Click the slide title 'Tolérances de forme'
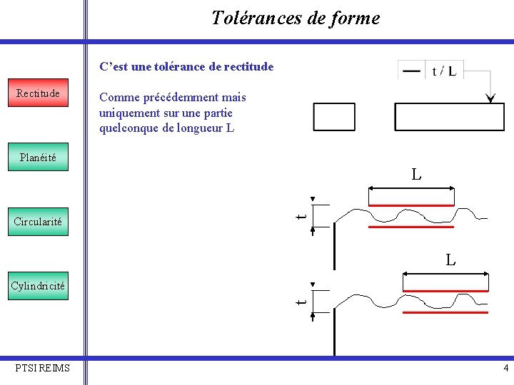click(295, 18)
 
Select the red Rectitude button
click(38, 93)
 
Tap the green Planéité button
click(38, 158)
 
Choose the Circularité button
click(38, 222)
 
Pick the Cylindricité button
click(38, 286)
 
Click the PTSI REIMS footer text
click(43, 368)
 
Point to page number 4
click(505, 369)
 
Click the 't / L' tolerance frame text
click(444, 71)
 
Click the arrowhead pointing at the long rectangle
click(490, 98)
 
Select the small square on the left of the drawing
click(334, 117)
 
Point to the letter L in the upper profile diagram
click(415, 174)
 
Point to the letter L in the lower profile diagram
click(450, 260)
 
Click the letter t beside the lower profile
click(302, 301)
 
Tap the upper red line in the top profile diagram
click(411, 204)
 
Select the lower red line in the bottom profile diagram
click(445, 312)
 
